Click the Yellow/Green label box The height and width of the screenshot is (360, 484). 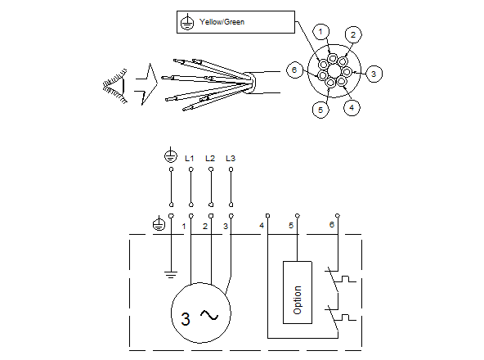235,22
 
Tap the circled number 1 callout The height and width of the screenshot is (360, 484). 322,32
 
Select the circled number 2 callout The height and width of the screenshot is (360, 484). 352,34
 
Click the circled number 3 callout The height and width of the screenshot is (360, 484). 373,74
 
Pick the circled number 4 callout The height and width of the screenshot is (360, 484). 351,107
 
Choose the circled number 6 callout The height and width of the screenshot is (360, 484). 295,71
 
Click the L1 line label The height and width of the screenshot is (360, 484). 190,156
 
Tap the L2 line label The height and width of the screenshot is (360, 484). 210,156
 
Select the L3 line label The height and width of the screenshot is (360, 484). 231,156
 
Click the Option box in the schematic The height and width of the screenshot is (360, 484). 297,292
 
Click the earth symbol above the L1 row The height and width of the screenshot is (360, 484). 171,155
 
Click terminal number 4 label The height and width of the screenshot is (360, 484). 262,224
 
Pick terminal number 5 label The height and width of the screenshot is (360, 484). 291,224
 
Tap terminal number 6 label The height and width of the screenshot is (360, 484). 331,224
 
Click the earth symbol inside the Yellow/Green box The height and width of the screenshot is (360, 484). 187,23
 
